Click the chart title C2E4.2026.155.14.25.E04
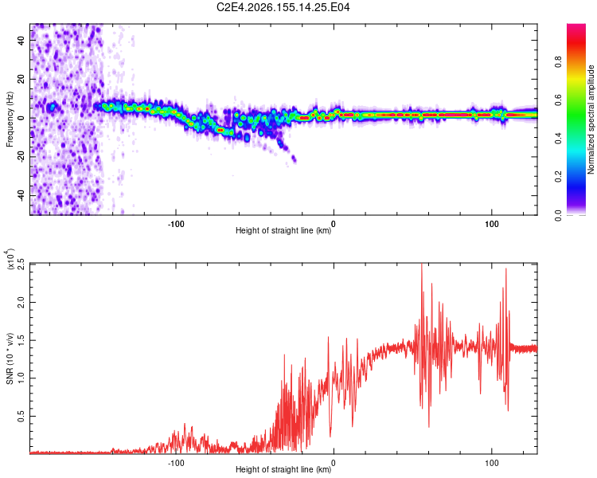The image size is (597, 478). tap(283, 7)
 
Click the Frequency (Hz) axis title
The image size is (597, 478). tap(10, 119)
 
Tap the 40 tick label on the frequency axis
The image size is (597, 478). tap(21, 40)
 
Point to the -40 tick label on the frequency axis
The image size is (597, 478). tap(21, 195)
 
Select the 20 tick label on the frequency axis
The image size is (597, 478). tap(21, 79)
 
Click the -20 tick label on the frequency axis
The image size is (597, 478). tap(21, 157)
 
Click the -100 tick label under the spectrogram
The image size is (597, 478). tap(176, 224)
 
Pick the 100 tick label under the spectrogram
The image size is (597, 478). tap(492, 224)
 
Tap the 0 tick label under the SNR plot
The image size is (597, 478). tap(334, 463)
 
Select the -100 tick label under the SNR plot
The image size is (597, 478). tap(176, 463)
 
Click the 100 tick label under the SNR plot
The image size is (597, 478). tap(492, 463)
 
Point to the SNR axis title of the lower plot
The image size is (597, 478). tap(10, 358)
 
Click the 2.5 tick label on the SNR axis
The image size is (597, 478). tap(21, 264)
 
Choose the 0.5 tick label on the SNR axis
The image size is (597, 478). tap(21, 416)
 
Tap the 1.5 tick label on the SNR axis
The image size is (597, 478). tap(21, 340)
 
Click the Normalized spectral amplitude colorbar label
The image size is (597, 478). tap(591, 119)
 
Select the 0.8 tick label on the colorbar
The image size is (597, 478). tap(558, 61)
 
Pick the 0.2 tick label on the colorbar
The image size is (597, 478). tap(558, 177)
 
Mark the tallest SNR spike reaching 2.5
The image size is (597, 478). tap(421, 264)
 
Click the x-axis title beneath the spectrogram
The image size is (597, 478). tap(283, 230)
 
